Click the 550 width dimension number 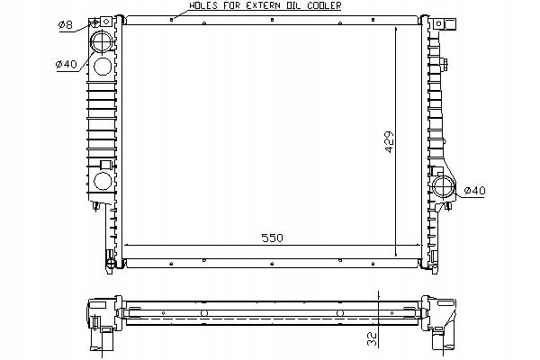[272, 238]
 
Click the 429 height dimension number [390, 141]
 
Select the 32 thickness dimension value [373, 338]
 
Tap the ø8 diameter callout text [66, 25]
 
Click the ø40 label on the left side [67, 64]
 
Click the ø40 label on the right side [474, 191]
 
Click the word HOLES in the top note [203, 5]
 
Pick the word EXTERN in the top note [263, 5]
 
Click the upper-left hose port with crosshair [102, 41]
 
